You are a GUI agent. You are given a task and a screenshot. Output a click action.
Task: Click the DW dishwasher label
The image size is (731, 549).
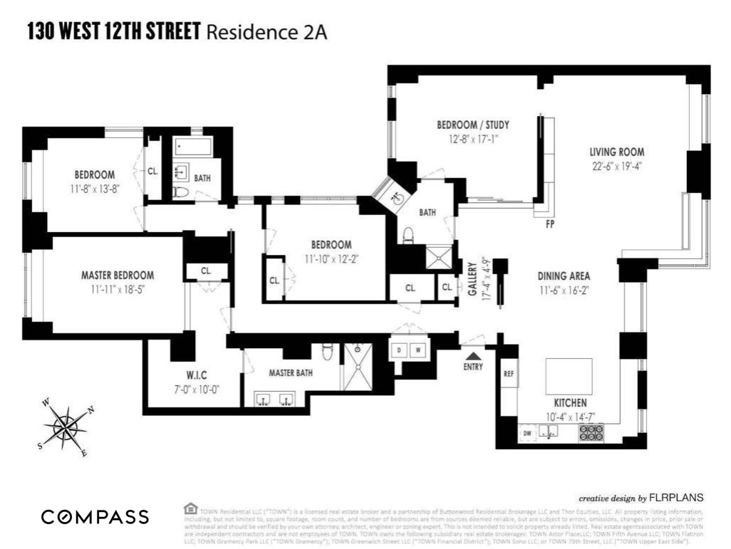[528, 432]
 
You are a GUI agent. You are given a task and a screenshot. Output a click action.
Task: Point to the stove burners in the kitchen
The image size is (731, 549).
[591, 432]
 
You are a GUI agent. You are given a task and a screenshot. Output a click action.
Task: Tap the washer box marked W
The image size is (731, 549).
[418, 350]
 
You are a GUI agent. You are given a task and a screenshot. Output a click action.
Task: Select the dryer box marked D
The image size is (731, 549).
[400, 350]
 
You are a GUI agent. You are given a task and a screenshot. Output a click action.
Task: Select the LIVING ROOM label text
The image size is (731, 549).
[616, 152]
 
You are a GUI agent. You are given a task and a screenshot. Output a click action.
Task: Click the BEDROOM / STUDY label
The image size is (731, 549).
[472, 125]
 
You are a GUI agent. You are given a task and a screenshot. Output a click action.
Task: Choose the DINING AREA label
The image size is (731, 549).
[564, 276]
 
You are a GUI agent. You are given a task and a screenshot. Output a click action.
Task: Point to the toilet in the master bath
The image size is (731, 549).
[328, 351]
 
